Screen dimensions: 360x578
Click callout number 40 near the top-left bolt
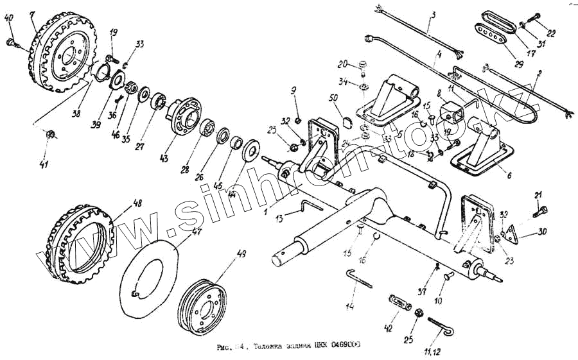point(8,18)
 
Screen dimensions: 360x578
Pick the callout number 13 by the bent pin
point(278,219)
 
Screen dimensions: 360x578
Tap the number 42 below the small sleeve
point(387,329)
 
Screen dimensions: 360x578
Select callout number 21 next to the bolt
point(538,195)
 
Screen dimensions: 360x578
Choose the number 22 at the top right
point(551,33)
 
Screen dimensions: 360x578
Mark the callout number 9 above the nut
point(295,89)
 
